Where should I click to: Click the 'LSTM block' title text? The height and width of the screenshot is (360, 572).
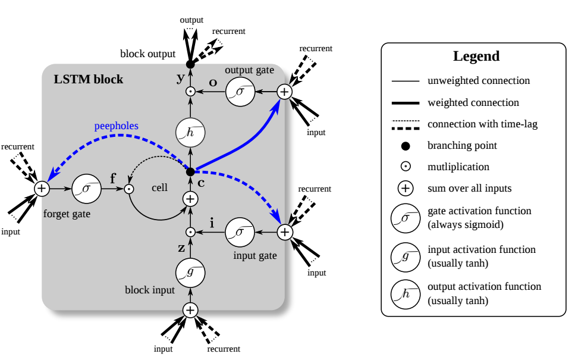(x=89, y=79)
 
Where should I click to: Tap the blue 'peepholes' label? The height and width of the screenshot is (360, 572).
(x=116, y=126)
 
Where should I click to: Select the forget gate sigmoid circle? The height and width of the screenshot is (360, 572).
(x=86, y=189)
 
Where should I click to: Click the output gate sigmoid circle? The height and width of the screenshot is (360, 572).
(x=240, y=92)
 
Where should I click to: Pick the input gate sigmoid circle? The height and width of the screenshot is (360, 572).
(x=240, y=232)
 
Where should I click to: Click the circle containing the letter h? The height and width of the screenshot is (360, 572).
(x=190, y=132)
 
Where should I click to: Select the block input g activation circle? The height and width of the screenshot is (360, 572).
(x=190, y=272)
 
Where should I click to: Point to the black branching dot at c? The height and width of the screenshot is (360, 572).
(x=190, y=171)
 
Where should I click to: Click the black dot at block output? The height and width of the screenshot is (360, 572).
(x=190, y=64)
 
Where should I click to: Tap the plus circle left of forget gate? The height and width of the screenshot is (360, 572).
(x=41, y=189)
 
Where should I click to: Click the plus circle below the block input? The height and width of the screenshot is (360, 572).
(x=190, y=310)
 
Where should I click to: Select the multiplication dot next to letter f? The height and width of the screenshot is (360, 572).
(x=128, y=189)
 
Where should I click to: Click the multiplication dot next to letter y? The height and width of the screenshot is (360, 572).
(x=190, y=92)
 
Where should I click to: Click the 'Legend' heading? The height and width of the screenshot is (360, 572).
(x=476, y=57)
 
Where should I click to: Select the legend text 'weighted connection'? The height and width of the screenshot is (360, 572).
(x=473, y=103)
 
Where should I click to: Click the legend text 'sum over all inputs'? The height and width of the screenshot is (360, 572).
(x=470, y=189)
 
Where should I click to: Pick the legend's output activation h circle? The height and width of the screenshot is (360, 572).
(x=405, y=294)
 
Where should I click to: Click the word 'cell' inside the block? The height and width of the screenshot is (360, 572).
(x=159, y=187)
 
